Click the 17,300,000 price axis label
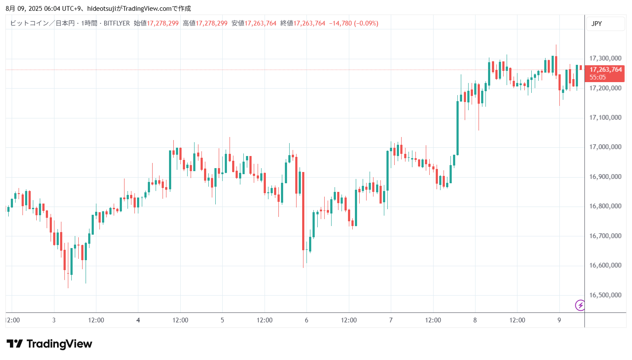click(x=605, y=58)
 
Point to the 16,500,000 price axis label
click(x=605, y=295)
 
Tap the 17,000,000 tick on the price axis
click(x=605, y=147)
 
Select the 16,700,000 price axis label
click(x=605, y=236)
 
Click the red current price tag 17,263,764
click(x=605, y=70)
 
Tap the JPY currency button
click(x=597, y=24)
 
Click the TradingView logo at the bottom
click(x=49, y=344)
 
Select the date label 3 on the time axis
click(x=54, y=320)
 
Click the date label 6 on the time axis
click(x=306, y=320)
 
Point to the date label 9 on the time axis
click(x=559, y=320)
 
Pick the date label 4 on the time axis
click(x=138, y=320)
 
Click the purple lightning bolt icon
click(x=580, y=306)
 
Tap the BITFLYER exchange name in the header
click(x=117, y=23)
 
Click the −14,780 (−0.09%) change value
click(x=354, y=23)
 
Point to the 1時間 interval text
click(x=89, y=23)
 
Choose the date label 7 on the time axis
click(x=391, y=320)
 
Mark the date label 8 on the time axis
click(x=475, y=320)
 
